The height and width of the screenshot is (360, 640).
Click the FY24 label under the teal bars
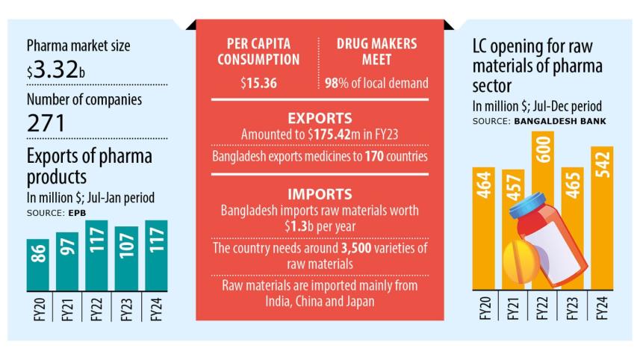(x=155, y=309)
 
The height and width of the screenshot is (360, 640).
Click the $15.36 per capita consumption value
(x=259, y=82)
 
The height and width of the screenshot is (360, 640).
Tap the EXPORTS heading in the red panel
(x=319, y=117)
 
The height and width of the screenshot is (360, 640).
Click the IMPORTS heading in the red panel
(x=319, y=193)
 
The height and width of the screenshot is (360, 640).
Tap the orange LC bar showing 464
(x=484, y=224)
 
